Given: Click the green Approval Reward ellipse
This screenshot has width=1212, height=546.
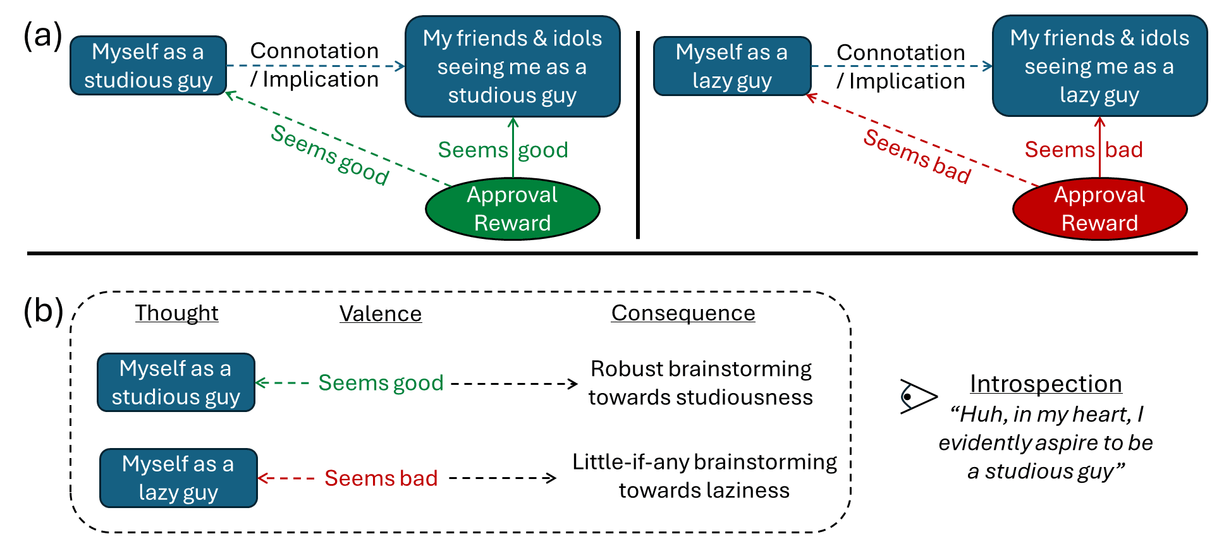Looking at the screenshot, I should [512, 209].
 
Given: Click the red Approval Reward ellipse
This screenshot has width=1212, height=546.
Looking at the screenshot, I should [1099, 209].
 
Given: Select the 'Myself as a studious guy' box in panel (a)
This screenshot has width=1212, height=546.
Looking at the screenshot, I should [148, 66].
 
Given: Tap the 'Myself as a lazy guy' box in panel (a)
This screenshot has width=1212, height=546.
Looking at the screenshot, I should [731, 66].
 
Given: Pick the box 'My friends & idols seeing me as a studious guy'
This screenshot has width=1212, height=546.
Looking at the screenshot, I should [512, 66].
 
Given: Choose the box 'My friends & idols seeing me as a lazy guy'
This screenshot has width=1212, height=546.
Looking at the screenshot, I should [1099, 66].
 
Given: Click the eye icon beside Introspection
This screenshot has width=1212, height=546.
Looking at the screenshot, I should [917, 397].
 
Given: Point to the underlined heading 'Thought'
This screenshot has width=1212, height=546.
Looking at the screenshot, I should [176, 313].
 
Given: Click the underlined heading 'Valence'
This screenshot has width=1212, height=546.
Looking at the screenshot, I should [380, 313].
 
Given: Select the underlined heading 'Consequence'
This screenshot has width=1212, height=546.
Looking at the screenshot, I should [683, 313].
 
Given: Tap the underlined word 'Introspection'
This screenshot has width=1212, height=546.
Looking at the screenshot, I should [1046, 384].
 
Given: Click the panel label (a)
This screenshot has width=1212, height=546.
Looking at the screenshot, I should [42, 35].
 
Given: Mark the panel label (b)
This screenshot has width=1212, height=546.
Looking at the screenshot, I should [43, 310].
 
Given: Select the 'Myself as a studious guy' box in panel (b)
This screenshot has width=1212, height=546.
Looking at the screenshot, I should [176, 382].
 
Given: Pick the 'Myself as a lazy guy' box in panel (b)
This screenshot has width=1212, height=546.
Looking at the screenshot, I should [178, 478].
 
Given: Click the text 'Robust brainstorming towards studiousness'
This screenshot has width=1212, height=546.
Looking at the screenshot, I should [701, 383].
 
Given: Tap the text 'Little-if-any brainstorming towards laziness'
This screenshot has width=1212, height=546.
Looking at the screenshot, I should [704, 476].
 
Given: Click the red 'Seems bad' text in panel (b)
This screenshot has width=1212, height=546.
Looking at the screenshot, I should [381, 478].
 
